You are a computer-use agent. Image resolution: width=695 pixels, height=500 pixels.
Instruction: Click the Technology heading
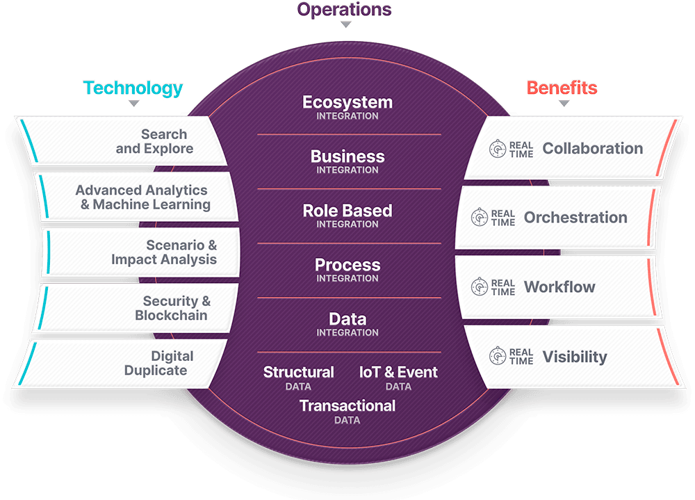[x=133, y=88]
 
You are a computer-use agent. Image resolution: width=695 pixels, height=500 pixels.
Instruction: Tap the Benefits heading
[x=562, y=88]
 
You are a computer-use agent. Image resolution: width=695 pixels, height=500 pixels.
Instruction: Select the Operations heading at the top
[x=345, y=9]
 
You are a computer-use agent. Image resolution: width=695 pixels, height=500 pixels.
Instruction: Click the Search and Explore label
[x=154, y=141]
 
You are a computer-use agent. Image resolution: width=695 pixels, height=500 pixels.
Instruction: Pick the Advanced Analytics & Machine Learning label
[x=142, y=197]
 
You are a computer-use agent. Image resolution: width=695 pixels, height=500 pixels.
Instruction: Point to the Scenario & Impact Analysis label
[x=164, y=252]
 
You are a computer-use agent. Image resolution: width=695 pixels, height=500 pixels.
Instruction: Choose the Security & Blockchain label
[x=172, y=308]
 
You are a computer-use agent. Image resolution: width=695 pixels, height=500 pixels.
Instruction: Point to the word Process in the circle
[x=347, y=265]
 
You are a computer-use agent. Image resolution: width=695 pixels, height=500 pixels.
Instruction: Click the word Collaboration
[x=593, y=148]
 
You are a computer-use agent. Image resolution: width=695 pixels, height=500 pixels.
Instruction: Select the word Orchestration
[x=575, y=218]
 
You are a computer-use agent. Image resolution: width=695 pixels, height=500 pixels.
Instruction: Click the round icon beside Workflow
[x=480, y=287]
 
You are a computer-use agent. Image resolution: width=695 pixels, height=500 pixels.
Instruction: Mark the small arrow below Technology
[x=134, y=104]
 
